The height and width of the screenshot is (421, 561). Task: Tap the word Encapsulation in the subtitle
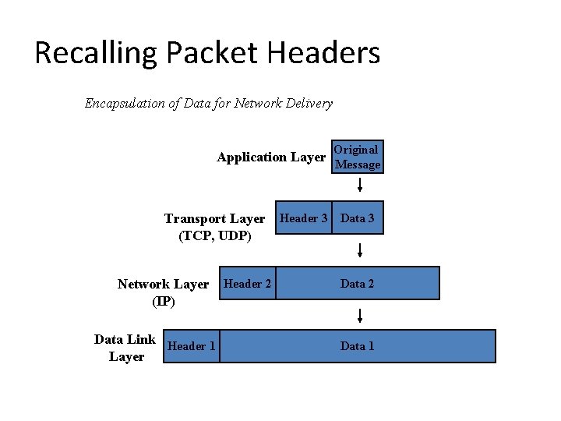pos(125,103)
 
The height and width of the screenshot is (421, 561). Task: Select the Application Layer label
pos(271,157)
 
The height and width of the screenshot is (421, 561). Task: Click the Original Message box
pos(357,157)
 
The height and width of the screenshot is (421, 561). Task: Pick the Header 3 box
pos(304,218)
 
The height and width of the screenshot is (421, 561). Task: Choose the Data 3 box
pos(358,218)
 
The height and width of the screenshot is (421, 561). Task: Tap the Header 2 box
pos(248,284)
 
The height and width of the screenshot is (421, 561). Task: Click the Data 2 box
pos(358,284)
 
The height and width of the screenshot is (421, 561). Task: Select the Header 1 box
pos(192,346)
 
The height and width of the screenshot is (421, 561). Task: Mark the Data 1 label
pos(358,346)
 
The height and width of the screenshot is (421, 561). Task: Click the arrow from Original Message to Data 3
pos(360,186)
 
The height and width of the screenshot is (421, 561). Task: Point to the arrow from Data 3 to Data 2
pos(360,250)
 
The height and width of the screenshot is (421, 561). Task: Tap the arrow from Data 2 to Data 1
pos(360,315)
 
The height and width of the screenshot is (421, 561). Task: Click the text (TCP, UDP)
pos(215,235)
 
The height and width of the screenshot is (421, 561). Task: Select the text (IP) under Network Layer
pos(164,301)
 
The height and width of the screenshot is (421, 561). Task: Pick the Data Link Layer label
pos(125,348)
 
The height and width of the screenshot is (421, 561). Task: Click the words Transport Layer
pos(214,219)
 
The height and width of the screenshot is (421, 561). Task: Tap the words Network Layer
pos(164,285)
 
